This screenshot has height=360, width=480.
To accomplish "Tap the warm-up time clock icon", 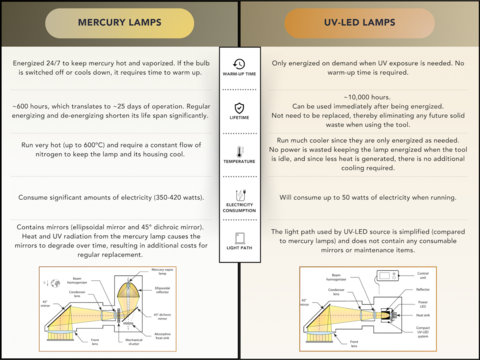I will point(239,64).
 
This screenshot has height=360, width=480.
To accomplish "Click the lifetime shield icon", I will point(239,108).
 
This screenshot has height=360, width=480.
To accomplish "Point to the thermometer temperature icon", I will point(239,150).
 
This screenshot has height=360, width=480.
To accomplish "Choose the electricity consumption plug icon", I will point(239,194).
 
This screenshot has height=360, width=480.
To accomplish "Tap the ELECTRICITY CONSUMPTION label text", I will point(239,211).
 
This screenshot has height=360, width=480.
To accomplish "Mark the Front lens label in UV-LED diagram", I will point(337,346).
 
